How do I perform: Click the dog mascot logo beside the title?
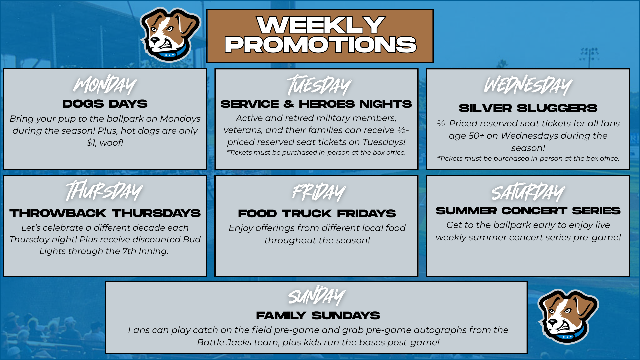[x=170, y=35]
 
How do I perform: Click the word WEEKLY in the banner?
[x=321, y=25]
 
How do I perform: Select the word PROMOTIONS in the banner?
[x=320, y=45]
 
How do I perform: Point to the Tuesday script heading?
[x=319, y=85]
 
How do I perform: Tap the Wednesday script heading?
[x=528, y=85]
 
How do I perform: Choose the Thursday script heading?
[x=104, y=191]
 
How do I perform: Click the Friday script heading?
[x=319, y=192]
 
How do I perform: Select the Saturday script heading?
[x=528, y=192]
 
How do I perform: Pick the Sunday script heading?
[x=317, y=295]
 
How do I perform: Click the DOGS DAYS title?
[x=105, y=104]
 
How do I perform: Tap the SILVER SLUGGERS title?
[x=528, y=108]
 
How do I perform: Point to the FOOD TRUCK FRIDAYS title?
[x=317, y=213]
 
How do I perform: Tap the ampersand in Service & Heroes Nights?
[x=289, y=104]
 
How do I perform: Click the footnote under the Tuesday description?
[x=316, y=152]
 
